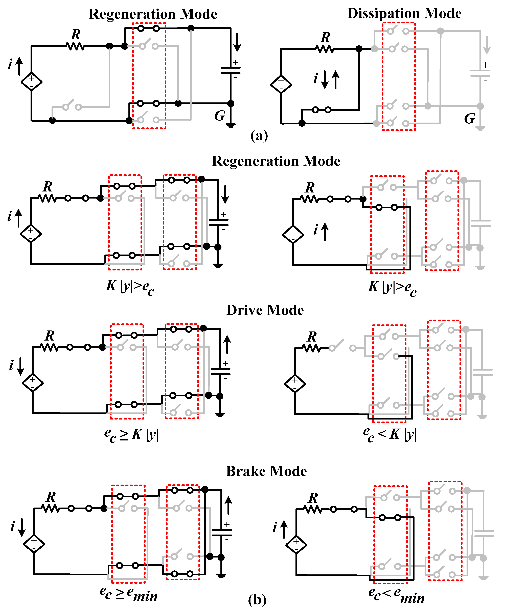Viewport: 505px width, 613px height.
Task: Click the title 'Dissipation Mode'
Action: (404, 13)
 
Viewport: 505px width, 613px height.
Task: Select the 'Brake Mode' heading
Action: (266, 471)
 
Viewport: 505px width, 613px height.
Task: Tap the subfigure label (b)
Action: (257, 600)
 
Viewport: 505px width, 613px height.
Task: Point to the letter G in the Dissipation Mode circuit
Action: (469, 119)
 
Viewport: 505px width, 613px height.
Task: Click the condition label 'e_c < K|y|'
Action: (390, 435)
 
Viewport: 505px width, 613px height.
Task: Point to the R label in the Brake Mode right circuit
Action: (313, 498)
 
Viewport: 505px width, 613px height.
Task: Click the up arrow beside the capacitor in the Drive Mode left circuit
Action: (227, 344)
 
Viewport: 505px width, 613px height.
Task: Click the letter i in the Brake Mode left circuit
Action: (13, 526)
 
